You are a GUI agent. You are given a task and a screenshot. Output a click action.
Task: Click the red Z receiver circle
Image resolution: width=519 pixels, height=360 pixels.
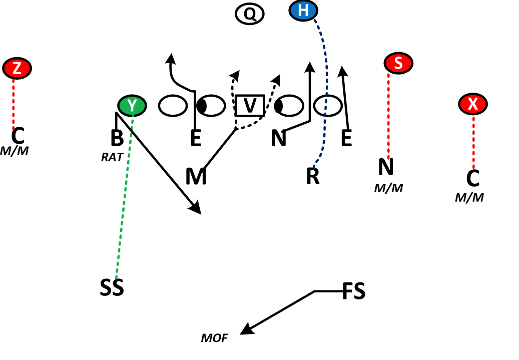pyautogui.click(x=17, y=68)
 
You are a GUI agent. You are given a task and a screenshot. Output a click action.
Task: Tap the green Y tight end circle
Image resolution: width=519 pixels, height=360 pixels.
pyautogui.click(x=132, y=105)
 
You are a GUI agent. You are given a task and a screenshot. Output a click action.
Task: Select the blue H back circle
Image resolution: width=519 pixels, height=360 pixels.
pyautogui.click(x=303, y=11)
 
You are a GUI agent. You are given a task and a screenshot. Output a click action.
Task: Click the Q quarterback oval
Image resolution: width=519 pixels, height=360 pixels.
pyautogui.click(x=249, y=14)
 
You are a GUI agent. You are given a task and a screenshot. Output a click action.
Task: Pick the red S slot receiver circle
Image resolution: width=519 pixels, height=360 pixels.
pyautogui.click(x=398, y=63)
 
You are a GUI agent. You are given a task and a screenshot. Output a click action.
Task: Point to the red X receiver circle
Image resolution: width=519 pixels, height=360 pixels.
pyautogui.click(x=472, y=104)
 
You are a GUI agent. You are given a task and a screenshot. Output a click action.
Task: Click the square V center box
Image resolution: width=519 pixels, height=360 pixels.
pyautogui.click(x=250, y=106)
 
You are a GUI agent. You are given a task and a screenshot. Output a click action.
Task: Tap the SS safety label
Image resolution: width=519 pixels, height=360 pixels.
pyautogui.click(x=111, y=288)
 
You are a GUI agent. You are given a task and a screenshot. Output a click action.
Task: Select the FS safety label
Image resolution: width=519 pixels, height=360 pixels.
pyautogui.click(x=353, y=291)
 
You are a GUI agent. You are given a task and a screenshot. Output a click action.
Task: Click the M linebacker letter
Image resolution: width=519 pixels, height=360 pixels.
pyautogui.click(x=196, y=177)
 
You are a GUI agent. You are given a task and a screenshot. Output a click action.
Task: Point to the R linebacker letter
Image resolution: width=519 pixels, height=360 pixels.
pyautogui.click(x=313, y=177)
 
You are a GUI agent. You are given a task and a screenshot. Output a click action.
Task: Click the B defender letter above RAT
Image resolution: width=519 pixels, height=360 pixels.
pyautogui.click(x=117, y=139)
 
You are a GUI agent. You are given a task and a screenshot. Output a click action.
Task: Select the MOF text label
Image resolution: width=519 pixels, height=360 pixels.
pyautogui.click(x=214, y=338)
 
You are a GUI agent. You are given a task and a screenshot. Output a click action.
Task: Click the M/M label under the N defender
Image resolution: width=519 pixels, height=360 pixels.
pyautogui.click(x=388, y=188)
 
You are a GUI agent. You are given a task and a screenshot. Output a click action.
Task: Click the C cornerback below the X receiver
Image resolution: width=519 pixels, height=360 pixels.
pyautogui.click(x=472, y=178)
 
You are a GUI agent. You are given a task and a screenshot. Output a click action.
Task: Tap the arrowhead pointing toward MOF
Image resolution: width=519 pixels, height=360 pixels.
pyautogui.click(x=245, y=330)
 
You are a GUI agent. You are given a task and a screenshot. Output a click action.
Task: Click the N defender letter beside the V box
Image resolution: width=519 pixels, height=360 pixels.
pyautogui.click(x=278, y=138)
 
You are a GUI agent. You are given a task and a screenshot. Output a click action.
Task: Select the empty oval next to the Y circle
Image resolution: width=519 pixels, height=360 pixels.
pyautogui.click(x=173, y=105)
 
